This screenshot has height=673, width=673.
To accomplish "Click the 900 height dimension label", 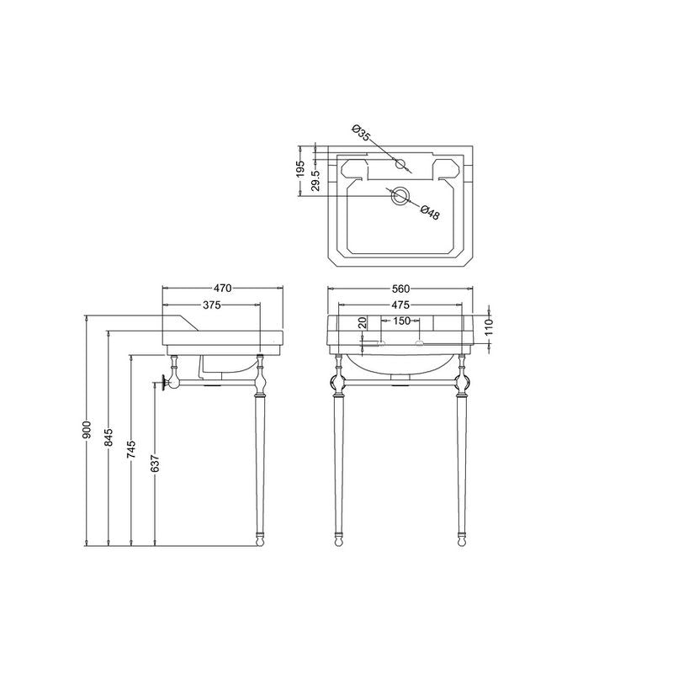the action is pyautogui.click(x=87, y=430).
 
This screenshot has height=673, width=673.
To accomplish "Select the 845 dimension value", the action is pyautogui.click(x=109, y=437).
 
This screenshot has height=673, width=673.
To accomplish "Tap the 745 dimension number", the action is pyautogui.click(x=132, y=449).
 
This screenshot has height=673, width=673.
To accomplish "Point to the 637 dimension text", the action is pyautogui.click(x=155, y=464).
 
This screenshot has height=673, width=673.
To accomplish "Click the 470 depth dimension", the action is pyautogui.click(x=222, y=289).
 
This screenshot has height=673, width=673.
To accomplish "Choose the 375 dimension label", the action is pyautogui.click(x=212, y=305).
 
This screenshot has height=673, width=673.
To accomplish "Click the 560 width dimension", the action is pyautogui.click(x=400, y=289).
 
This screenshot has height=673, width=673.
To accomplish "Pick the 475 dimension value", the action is pyautogui.click(x=400, y=305).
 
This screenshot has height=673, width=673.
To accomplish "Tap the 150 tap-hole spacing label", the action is pyautogui.click(x=402, y=321).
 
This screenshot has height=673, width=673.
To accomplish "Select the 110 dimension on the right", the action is pyautogui.click(x=490, y=327).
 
